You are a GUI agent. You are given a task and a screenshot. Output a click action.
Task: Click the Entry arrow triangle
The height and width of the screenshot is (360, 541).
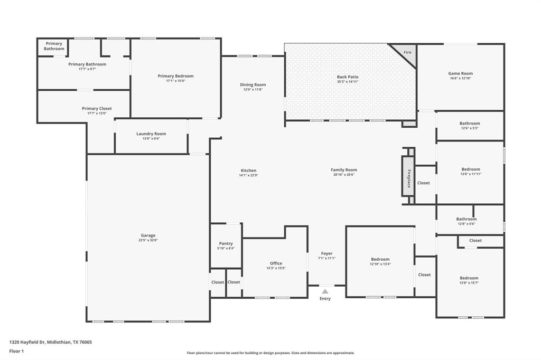(x=325, y=291)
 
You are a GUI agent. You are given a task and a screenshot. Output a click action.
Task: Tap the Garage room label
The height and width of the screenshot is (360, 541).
(x=148, y=235)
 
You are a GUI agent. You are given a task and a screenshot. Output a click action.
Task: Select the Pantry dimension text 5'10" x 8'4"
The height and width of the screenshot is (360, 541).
(x=226, y=248)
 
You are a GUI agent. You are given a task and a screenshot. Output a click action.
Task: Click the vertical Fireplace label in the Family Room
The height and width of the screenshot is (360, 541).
(x=409, y=178)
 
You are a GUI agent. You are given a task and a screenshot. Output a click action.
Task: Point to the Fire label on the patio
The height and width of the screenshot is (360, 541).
(x=407, y=52)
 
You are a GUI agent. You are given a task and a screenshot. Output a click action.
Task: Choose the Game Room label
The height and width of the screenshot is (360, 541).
(x=460, y=73)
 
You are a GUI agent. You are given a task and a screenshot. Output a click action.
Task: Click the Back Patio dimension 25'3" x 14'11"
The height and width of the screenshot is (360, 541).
(x=348, y=82)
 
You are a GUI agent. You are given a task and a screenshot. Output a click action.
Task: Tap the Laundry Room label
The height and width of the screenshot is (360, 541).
(x=151, y=134)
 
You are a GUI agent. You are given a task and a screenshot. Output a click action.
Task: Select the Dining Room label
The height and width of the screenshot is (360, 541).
(x=253, y=85)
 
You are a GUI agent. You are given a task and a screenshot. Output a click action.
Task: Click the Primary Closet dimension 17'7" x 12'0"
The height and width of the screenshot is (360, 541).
(x=97, y=113)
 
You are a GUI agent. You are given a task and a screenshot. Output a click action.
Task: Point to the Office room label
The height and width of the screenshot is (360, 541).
(x=276, y=263)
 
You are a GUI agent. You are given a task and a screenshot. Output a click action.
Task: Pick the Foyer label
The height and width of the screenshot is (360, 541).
(x=327, y=253)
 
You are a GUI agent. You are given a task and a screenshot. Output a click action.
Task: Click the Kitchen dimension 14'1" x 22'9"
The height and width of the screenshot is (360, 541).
(x=248, y=175)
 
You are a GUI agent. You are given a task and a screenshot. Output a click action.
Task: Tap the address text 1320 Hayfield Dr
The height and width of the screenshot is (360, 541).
(x=27, y=343)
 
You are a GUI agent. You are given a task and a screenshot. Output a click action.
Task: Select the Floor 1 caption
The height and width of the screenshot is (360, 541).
(x=16, y=352)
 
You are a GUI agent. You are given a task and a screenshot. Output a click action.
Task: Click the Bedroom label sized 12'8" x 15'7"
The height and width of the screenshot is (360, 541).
(x=469, y=278)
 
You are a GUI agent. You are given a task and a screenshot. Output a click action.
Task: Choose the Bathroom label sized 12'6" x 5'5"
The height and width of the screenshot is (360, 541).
(x=470, y=124)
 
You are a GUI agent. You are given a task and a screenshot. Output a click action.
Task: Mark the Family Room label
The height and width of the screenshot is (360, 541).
(x=344, y=170)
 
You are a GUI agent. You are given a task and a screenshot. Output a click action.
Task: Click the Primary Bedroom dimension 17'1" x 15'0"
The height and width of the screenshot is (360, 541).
(x=175, y=81)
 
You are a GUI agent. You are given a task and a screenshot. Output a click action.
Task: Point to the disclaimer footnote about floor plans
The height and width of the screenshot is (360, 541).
(x=270, y=353)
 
